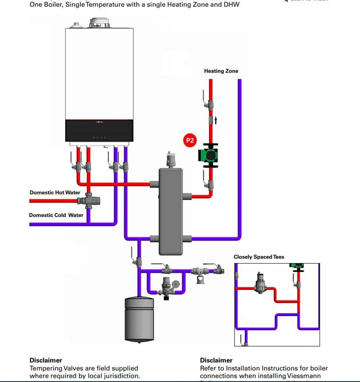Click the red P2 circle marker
pos(190,141)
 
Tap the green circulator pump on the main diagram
pos(209,155)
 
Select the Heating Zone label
pos(221,71)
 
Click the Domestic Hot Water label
pos(55,193)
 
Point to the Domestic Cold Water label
pos(56,215)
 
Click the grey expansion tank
pos(139,318)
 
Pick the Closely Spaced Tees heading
pos(259,257)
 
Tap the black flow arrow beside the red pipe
pos(216,120)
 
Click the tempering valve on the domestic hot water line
pos(88,201)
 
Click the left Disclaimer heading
pos(46,360)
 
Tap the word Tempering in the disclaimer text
pos(46,368)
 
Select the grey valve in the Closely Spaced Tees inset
pos(260,282)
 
